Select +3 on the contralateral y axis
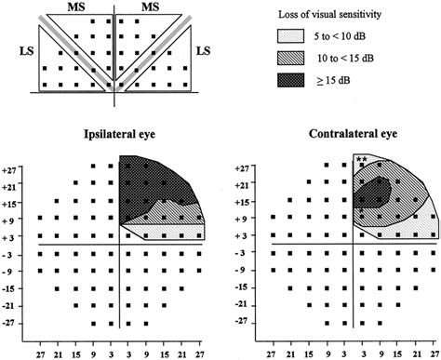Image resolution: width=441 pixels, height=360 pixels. tap(242, 237)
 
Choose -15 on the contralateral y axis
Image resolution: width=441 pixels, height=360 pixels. tap(242, 288)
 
